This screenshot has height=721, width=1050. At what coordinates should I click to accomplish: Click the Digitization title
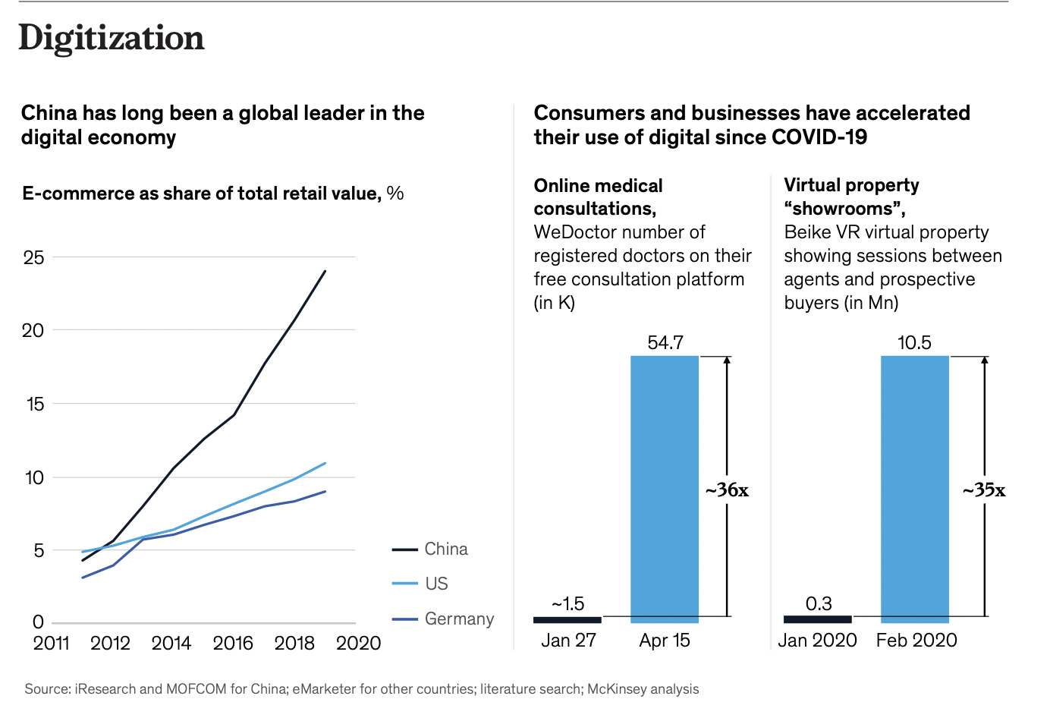(112, 38)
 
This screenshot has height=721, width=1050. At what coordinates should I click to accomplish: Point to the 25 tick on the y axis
(34, 257)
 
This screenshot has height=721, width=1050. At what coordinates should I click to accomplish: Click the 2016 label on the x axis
(233, 643)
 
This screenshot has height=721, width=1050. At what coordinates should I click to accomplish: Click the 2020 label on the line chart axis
(358, 643)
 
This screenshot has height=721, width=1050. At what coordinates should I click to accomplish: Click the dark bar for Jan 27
(567, 619)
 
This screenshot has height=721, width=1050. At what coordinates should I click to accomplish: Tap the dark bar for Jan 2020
(818, 619)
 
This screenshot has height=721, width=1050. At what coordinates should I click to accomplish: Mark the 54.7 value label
(665, 342)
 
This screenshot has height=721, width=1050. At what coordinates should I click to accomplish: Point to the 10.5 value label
(914, 342)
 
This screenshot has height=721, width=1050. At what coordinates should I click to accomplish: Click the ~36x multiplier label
(727, 490)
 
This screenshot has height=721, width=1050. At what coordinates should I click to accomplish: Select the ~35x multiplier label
(984, 490)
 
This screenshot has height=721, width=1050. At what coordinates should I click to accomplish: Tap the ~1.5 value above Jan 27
(567, 603)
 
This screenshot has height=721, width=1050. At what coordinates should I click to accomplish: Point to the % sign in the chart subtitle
(395, 194)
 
